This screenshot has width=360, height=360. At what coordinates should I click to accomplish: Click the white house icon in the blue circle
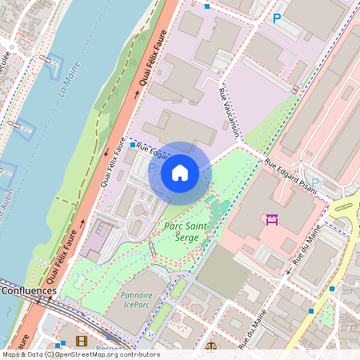180,172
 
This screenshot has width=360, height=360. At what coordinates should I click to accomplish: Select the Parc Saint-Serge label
186,233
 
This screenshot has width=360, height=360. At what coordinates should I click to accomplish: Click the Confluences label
28,290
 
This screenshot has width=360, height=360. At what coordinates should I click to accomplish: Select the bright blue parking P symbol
278,18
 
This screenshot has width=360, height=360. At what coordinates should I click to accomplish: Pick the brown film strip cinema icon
81,342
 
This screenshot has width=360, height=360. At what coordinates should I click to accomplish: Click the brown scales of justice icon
211,347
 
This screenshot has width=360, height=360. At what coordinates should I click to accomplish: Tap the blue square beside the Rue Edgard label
133,145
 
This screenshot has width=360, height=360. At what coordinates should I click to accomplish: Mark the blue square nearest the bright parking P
207,6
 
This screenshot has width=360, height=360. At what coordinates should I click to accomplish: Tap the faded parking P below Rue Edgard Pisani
314,182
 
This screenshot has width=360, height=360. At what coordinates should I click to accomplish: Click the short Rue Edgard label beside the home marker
154,150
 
